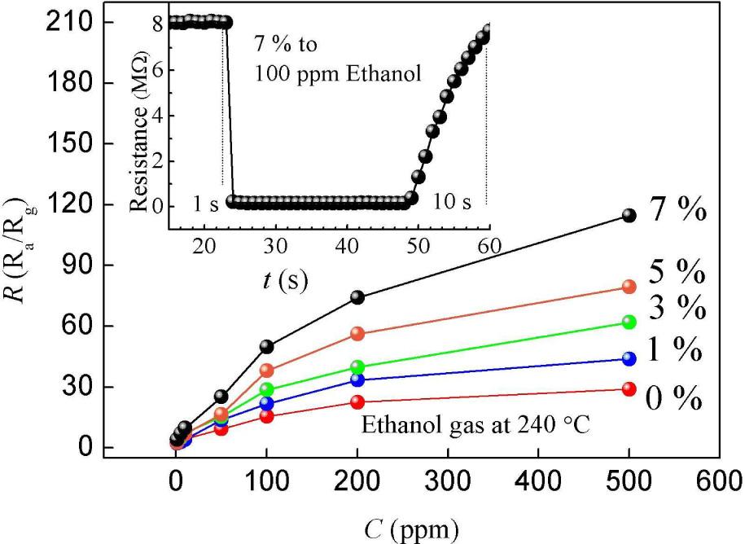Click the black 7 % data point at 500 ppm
629,215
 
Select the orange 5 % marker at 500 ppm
629,287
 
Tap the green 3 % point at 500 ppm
629,322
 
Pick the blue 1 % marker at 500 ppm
629,358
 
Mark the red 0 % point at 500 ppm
629,389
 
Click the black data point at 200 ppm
357,297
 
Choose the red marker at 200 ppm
357,401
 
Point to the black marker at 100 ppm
266,346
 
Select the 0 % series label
674,400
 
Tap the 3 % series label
676,308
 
